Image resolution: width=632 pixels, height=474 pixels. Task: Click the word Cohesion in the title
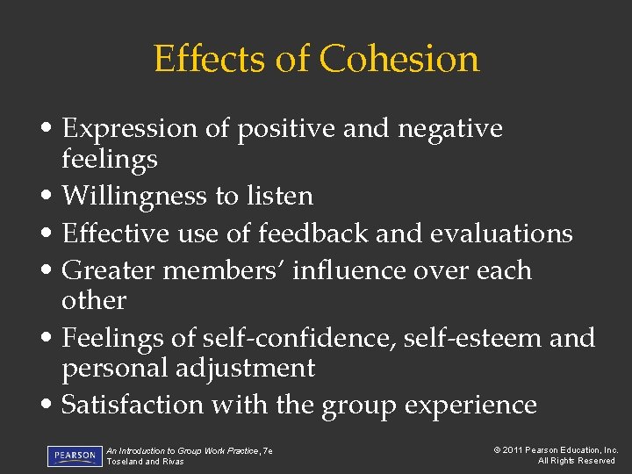click(x=399, y=60)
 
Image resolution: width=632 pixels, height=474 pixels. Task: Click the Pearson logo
click(x=74, y=456)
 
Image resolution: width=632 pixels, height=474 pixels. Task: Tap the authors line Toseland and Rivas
click(x=145, y=462)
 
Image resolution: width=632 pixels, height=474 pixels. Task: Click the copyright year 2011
click(x=514, y=450)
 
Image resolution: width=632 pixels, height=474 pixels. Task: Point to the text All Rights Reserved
click(x=577, y=461)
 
